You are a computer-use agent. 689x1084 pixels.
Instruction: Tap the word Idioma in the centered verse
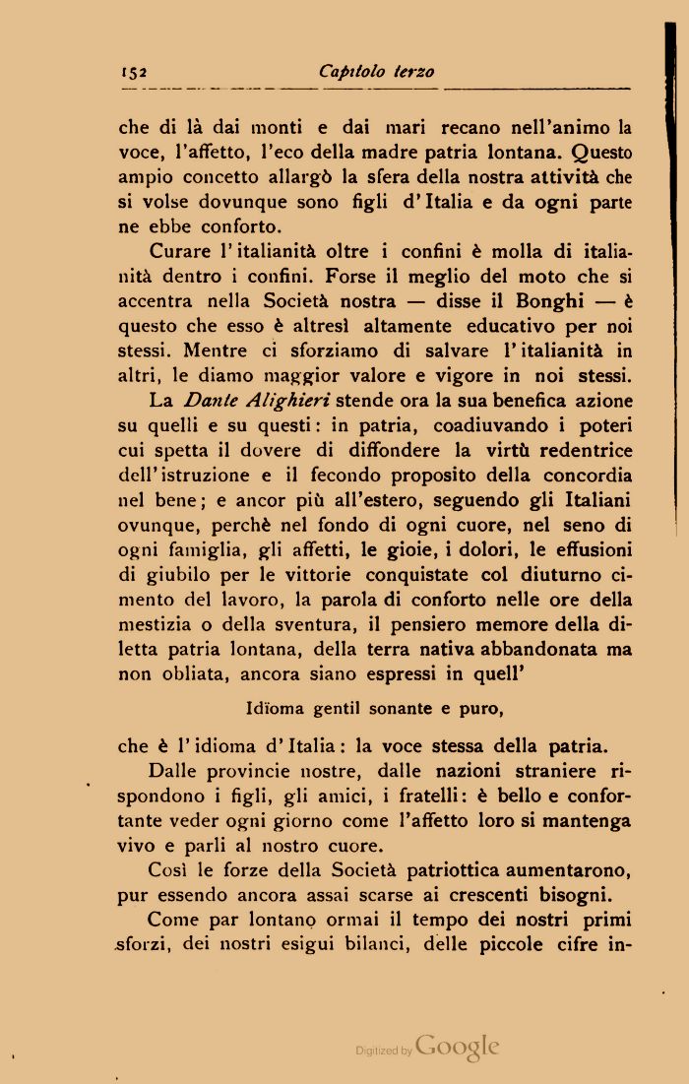coord(273,707)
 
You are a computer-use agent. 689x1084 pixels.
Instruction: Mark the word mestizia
coord(157,623)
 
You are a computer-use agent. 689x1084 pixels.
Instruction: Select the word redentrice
coord(573,449)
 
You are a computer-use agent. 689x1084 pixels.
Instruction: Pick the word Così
coord(167,870)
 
